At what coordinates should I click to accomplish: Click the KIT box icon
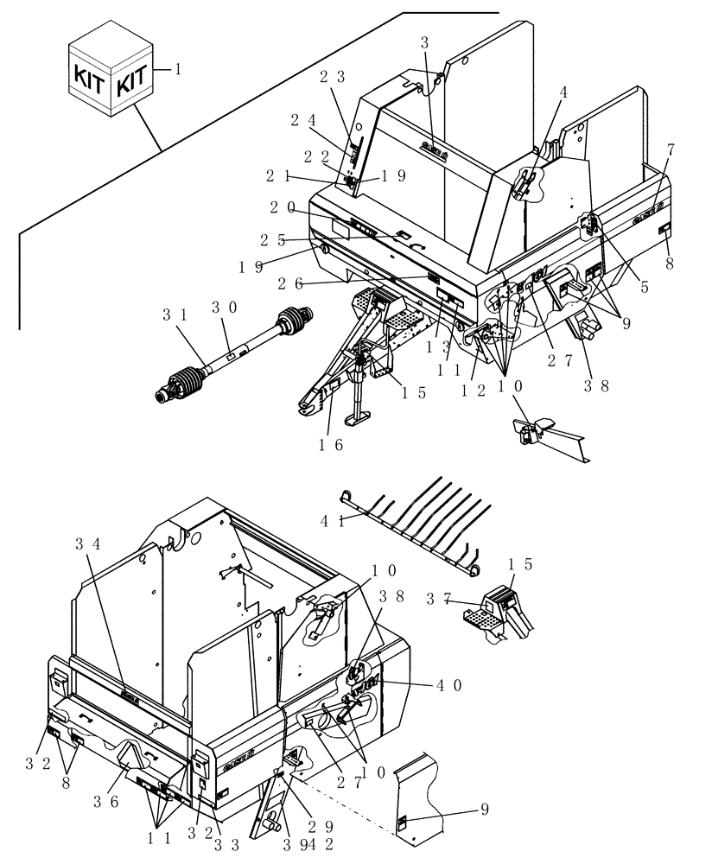111,76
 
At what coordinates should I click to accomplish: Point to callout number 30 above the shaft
221,307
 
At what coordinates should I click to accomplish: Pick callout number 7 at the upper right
671,149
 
